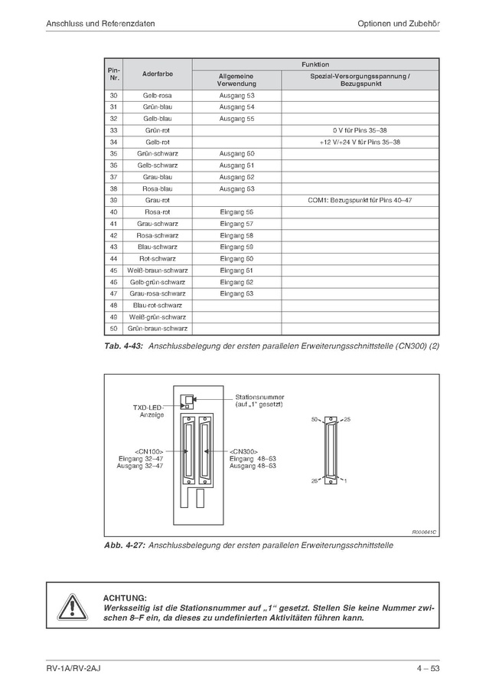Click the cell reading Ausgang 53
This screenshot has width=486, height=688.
(236, 95)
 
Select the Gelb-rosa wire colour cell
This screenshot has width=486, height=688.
(157, 95)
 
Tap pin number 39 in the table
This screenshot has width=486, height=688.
(113, 200)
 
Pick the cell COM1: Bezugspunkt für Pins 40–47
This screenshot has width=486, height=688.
(359, 200)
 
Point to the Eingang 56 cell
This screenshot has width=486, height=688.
(236, 211)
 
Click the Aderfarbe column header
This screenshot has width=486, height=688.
(157, 74)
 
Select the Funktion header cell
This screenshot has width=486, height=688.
(315, 64)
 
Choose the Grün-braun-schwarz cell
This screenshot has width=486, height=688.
(157, 328)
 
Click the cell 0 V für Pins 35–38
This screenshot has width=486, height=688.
(359, 130)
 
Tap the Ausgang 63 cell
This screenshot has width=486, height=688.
(236, 188)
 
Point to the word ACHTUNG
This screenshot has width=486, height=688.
(124, 597)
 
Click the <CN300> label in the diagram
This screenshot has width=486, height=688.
(244, 451)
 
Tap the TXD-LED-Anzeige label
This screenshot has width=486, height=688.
(146, 411)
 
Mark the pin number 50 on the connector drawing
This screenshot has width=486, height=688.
(315, 420)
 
